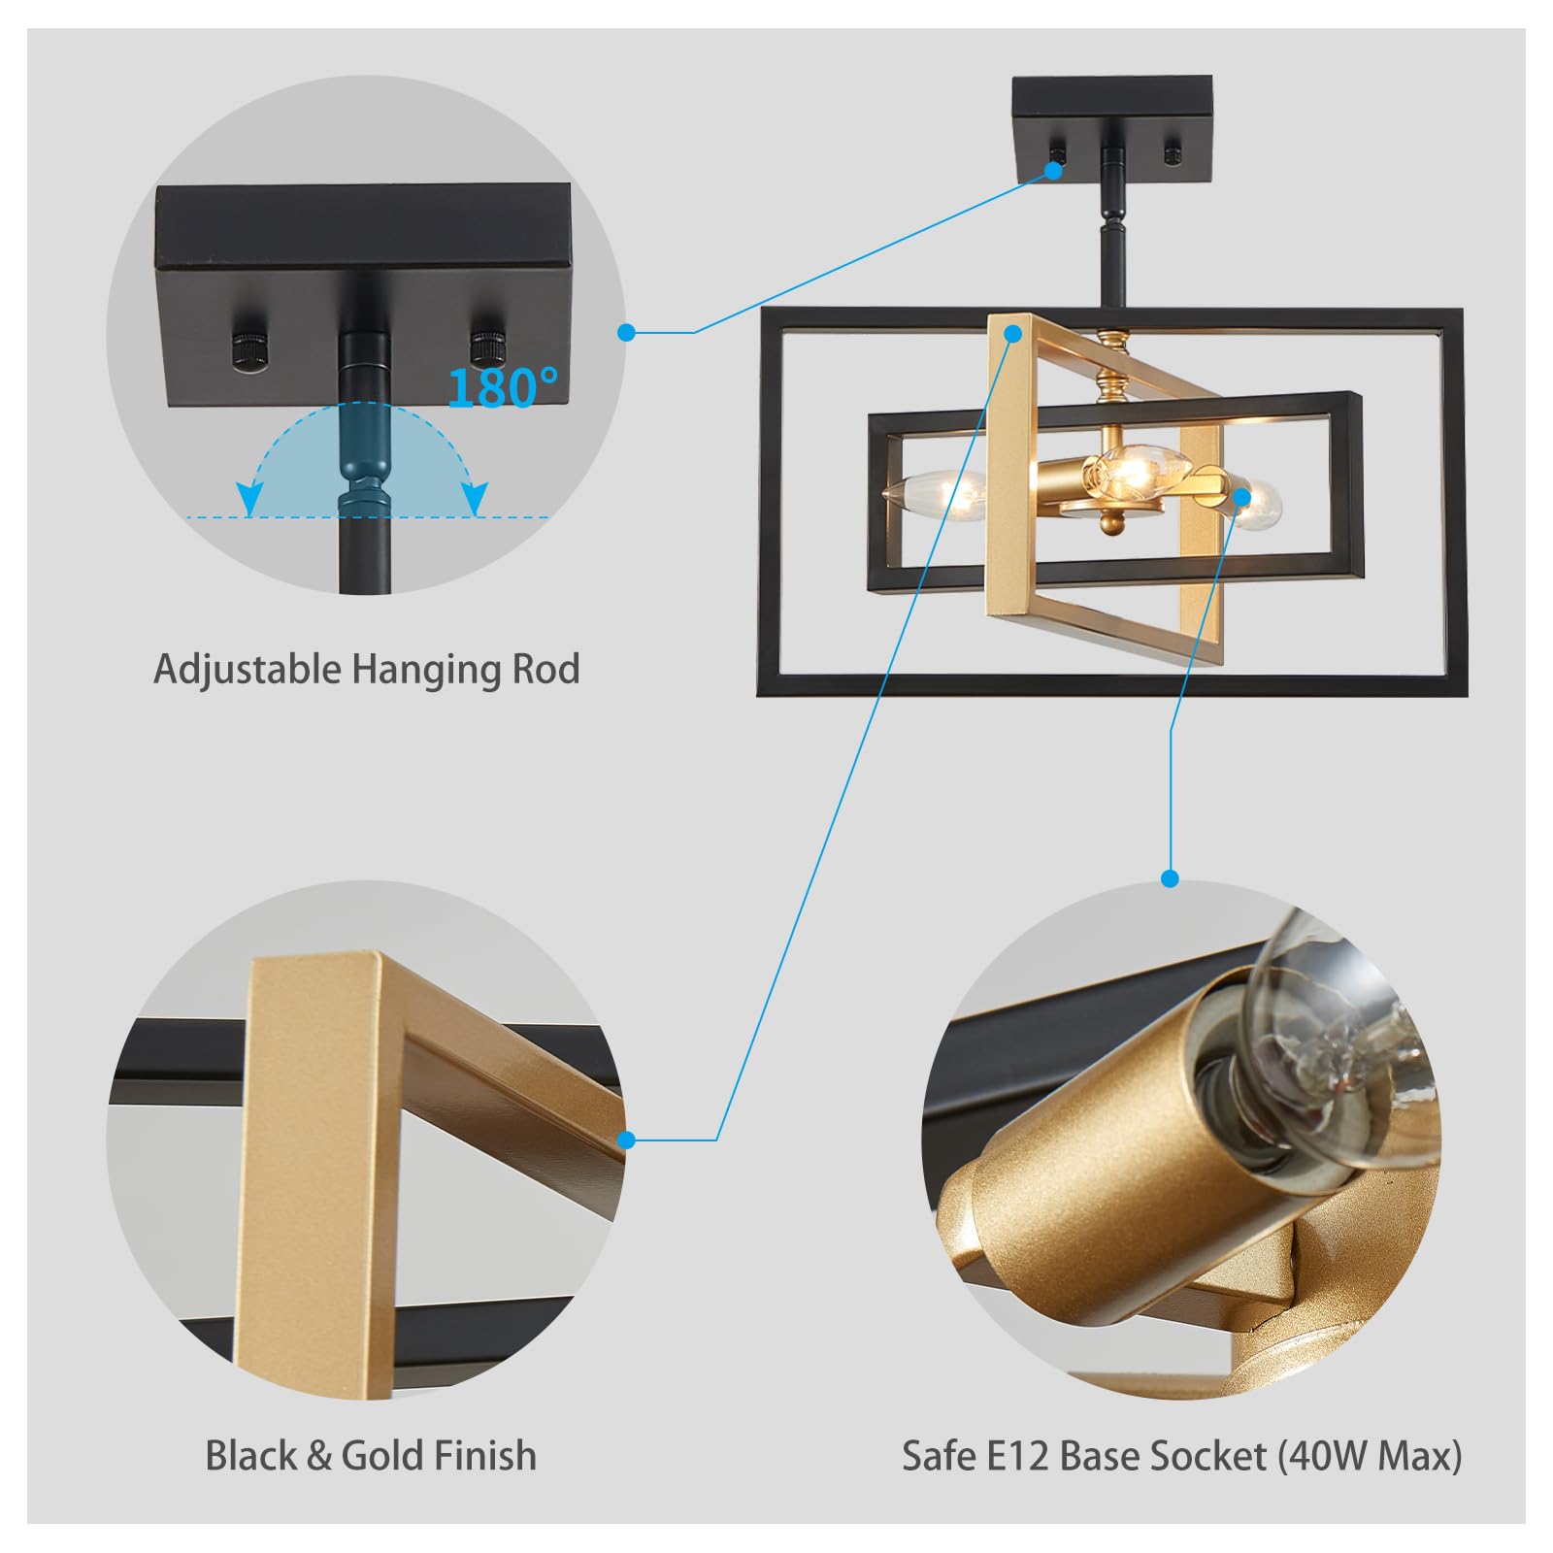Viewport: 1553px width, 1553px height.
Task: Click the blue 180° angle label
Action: [503, 387]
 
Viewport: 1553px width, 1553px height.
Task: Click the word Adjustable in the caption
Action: [248, 670]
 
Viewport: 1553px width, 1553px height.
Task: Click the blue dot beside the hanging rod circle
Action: [627, 333]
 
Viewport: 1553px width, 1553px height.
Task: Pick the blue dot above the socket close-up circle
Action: [1171, 879]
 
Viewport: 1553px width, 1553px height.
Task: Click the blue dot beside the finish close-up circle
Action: [627, 1140]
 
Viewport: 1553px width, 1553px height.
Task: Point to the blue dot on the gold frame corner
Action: [1013, 333]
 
